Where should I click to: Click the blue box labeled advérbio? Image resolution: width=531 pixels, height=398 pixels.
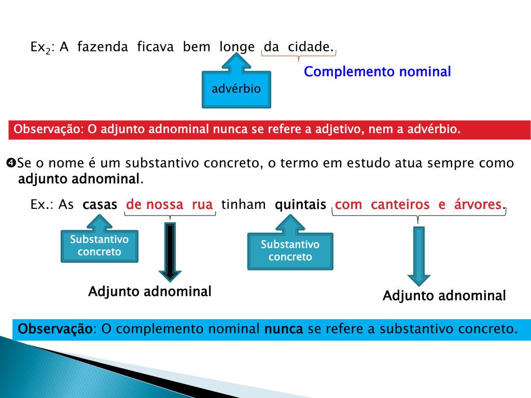pyautogui.click(x=236, y=89)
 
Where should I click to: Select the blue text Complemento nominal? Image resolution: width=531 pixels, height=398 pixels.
pyautogui.click(x=377, y=72)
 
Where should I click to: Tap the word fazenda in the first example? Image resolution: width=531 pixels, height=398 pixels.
pyautogui.click(x=103, y=47)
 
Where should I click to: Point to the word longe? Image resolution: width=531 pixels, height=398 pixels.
pyautogui.click(x=236, y=47)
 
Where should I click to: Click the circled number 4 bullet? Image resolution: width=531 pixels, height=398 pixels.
pyautogui.click(x=11, y=163)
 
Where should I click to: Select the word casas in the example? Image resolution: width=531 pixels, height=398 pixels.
pyautogui.click(x=100, y=205)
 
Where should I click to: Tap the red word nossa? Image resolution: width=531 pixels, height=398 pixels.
pyautogui.click(x=164, y=205)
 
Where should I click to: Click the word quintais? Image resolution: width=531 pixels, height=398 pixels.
pyautogui.click(x=300, y=205)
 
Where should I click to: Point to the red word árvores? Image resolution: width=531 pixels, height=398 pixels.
pyautogui.click(x=478, y=205)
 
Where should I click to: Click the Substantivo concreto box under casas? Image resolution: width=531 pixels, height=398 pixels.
pyautogui.click(x=99, y=246)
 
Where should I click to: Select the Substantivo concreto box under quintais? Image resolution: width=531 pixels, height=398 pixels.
pyautogui.click(x=290, y=251)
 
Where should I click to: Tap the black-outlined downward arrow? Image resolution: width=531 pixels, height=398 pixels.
pyautogui.click(x=170, y=251)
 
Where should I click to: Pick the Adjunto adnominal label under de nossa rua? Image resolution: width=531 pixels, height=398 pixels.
pyautogui.click(x=150, y=291)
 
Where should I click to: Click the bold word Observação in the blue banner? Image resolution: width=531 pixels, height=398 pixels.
pyautogui.click(x=55, y=329)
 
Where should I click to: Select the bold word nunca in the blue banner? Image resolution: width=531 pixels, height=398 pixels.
pyautogui.click(x=283, y=329)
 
